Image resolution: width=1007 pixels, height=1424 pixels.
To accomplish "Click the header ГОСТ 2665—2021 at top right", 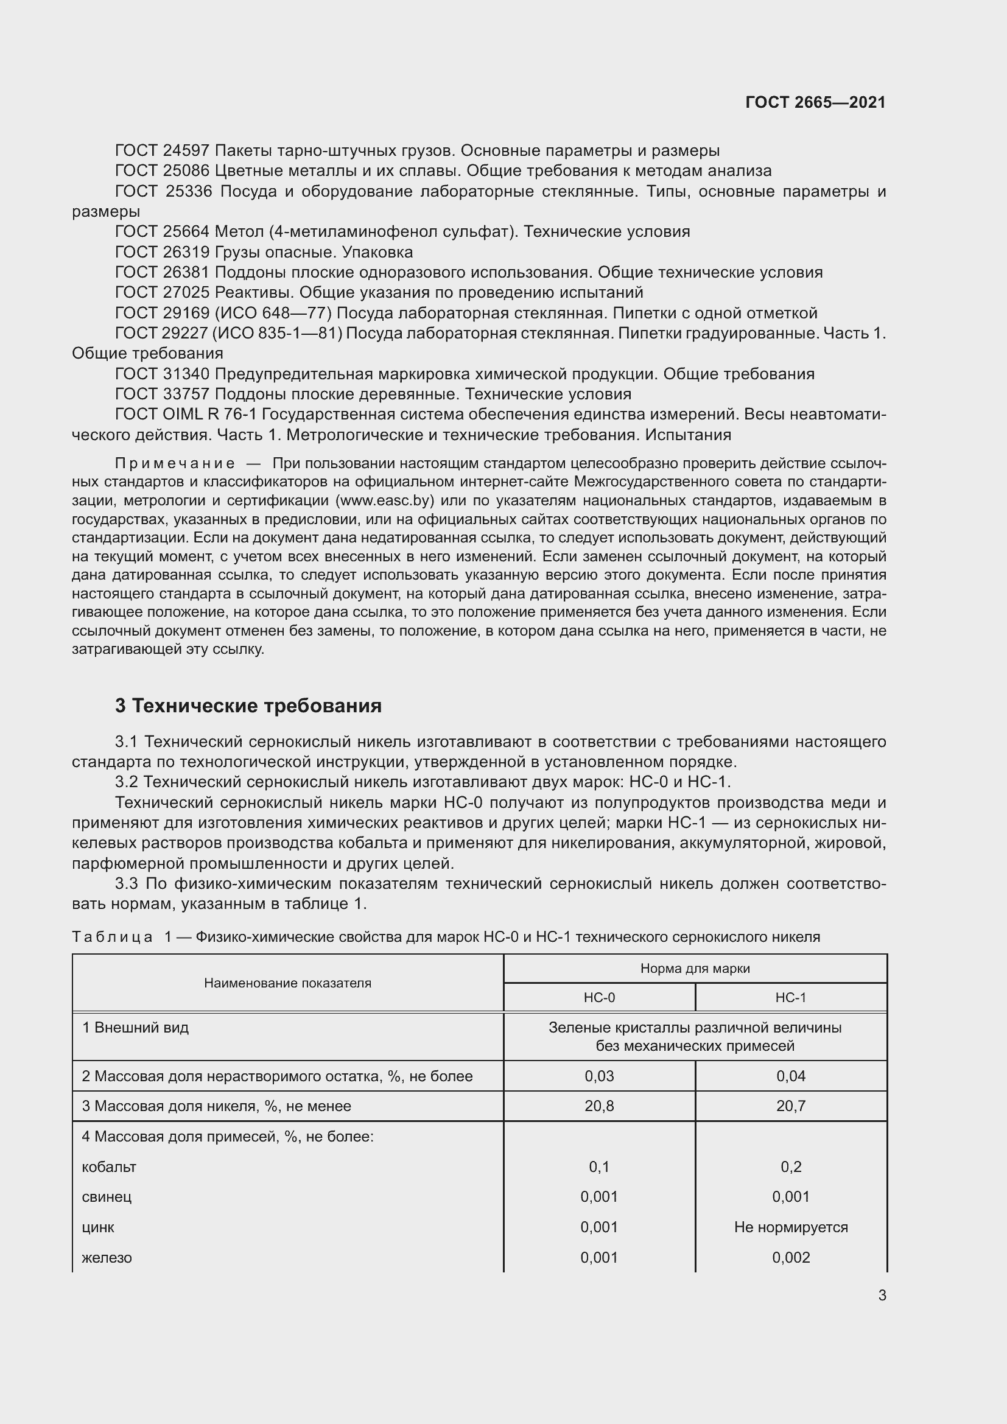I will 815,102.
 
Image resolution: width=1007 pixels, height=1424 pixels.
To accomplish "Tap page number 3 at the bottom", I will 882,1296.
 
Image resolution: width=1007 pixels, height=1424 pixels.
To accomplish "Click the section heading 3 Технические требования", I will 248,706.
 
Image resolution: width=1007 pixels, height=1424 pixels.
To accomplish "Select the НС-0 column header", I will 599,998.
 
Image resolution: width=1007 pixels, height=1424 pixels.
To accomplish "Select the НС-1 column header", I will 791,998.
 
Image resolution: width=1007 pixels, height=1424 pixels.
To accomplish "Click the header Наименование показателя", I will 288,983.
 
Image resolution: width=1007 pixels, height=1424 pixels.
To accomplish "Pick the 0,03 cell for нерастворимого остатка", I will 599,1076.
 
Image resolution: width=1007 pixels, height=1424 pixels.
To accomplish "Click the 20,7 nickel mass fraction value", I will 791,1106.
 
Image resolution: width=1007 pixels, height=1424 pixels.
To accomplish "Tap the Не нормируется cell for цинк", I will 791,1227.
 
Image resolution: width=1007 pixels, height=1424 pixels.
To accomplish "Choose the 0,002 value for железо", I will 791,1258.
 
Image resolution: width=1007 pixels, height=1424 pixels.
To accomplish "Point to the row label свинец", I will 107,1197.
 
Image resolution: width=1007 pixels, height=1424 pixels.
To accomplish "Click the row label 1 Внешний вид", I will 135,1028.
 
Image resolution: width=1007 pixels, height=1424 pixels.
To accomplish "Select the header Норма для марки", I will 695,969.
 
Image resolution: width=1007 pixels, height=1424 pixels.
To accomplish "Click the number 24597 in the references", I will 188,151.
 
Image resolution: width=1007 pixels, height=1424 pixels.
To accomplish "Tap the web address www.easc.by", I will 384,500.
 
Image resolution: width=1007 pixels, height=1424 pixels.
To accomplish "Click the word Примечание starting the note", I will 175,464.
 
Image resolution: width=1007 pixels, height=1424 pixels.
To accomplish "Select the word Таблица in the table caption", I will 112,937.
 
